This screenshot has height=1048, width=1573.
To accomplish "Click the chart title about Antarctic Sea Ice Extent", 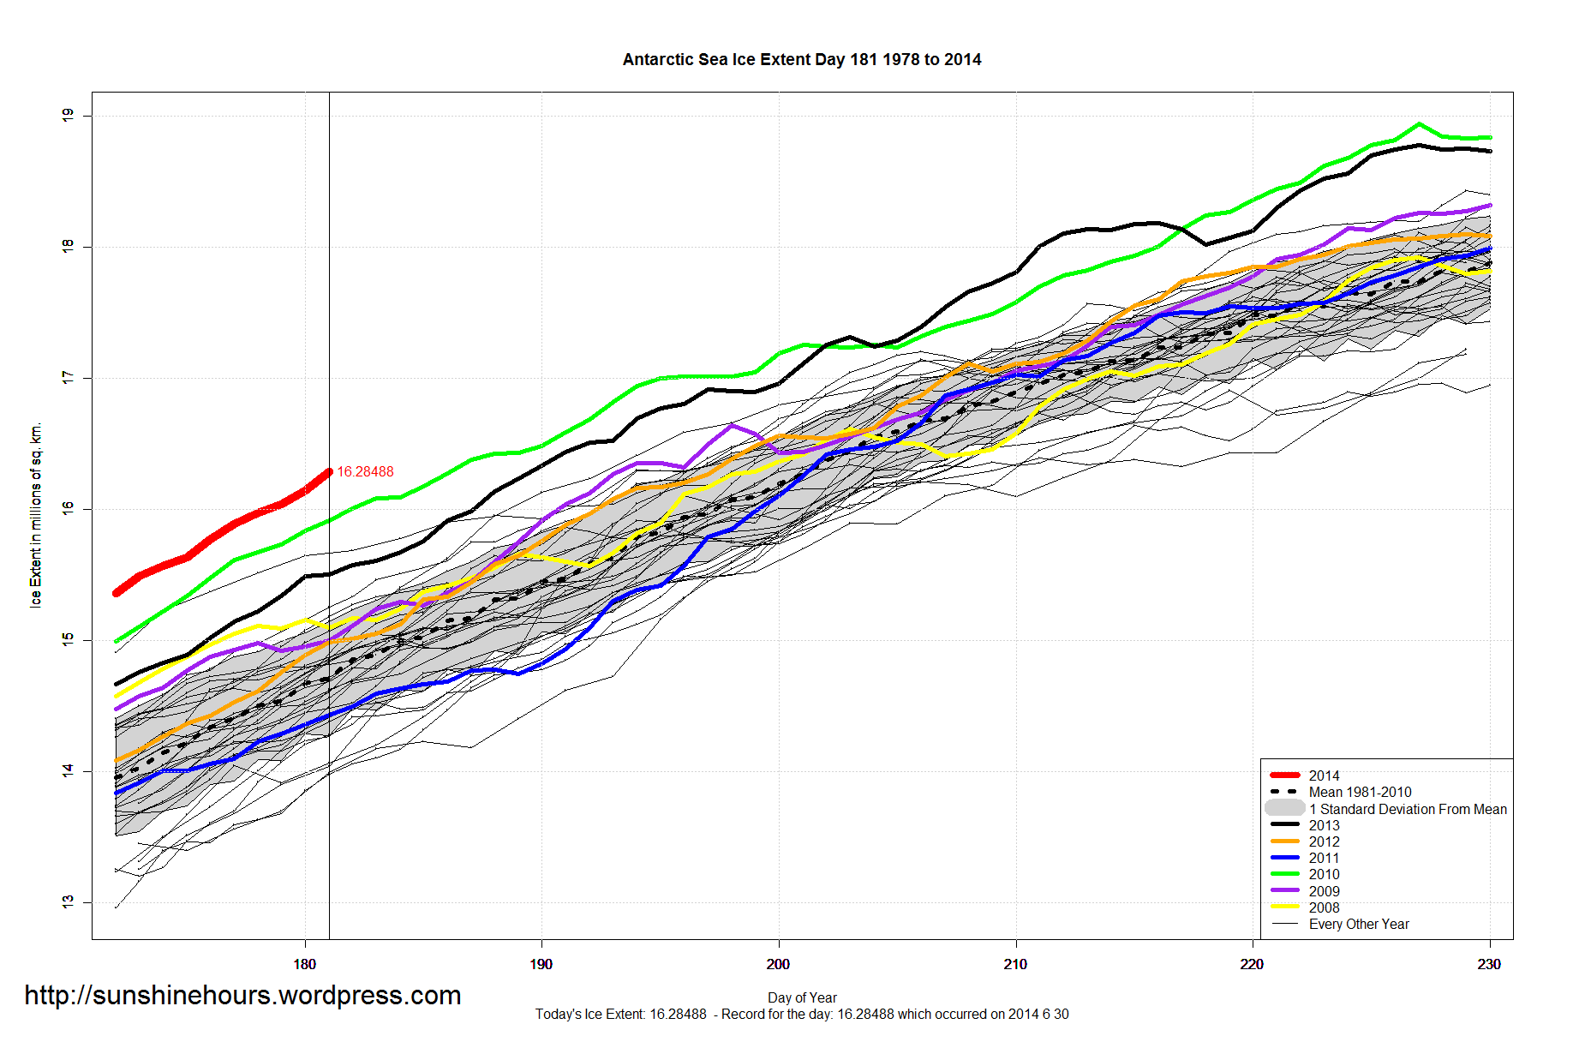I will click(801, 60).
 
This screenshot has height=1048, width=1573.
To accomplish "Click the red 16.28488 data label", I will click(365, 472).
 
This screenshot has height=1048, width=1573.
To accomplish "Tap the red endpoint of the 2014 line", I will click(329, 472).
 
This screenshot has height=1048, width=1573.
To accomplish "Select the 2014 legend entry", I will click(1324, 776).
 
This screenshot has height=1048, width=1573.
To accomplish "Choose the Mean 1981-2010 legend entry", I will click(1360, 792).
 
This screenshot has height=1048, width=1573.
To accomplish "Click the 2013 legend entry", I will click(1324, 825).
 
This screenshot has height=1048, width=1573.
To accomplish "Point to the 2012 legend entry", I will click(1324, 841).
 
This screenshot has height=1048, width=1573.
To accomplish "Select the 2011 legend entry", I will click(1324, 858).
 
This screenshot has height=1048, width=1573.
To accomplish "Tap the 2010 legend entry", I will click(1324, 874).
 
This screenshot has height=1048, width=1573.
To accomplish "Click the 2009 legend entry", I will click(1324, 891).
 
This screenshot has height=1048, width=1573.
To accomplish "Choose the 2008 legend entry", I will click(1324, 907).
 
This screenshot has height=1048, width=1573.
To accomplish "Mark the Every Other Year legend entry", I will click(1358, 924).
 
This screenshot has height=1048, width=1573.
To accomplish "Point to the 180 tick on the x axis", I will click(304, 964).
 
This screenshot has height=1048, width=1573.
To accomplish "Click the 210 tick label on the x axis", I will click(1015, 964).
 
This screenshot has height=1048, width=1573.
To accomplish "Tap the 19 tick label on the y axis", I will click(68, 115).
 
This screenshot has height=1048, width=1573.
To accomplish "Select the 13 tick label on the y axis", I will click(68, 902).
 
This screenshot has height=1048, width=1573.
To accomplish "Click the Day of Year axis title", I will click(802, 997).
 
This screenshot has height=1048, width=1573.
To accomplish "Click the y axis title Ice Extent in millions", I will click(35, 515).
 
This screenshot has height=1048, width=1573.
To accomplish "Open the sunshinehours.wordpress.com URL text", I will click(242, 995).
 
